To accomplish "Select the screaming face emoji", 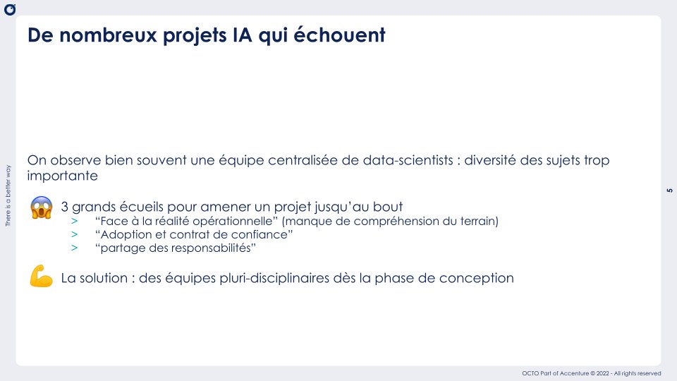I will [x=42, y=208].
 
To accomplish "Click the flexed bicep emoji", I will [x=42, y=277].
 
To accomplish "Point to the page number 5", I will [x=669, y=190].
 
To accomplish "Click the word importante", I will [x=61, y=175].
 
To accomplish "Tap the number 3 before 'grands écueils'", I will [x=65, y=207].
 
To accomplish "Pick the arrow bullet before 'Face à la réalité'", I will [x=75, y=222].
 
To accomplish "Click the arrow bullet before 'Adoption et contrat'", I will [x=75, y=235].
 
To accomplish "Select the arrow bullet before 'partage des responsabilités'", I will [x=75, y=248].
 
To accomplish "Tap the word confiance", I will [x=261, y=235].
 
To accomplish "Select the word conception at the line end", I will [x=479, y=278].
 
